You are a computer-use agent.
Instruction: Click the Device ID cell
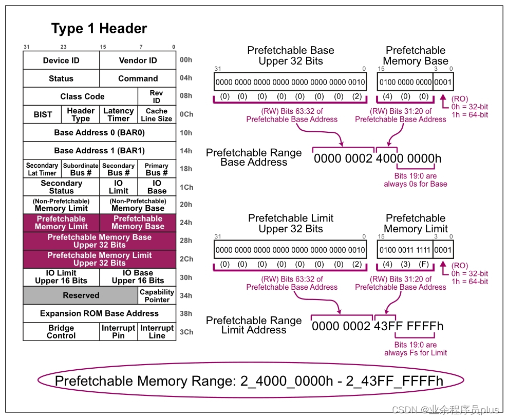coord(61,61)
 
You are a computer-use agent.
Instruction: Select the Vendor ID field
coord(138,61)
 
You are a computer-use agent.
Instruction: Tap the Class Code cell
coord(82,96)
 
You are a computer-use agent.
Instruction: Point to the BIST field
coord(43,114)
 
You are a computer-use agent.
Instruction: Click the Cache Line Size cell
coord(157,114)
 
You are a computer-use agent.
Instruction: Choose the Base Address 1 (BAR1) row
coord(99,151)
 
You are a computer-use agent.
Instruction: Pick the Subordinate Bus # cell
coord(81,169)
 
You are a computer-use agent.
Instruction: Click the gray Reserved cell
coord(81,295)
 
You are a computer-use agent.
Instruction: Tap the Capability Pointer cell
coord(157,295)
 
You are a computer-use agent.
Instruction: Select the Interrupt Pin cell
coord(118,332)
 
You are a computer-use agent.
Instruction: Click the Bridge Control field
coord(61,332)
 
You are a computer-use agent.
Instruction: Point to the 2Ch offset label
coord(186,259)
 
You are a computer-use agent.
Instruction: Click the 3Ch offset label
coord(186,332)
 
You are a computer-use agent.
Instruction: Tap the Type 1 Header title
coord(99,29)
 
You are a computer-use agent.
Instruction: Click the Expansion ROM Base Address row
coord(99,313)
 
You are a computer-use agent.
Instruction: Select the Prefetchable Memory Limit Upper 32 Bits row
coord(99,259)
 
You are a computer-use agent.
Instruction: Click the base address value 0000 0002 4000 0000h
coord(378,158)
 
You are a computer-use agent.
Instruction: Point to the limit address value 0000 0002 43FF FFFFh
coord(378,326)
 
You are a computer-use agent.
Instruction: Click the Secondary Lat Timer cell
coord(42,169)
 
